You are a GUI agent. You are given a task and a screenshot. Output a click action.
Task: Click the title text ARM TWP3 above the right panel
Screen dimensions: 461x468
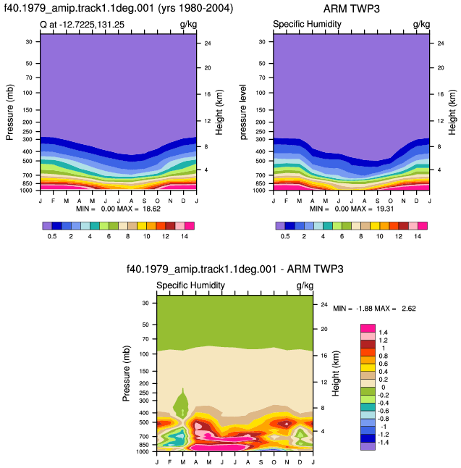tap(351, 9)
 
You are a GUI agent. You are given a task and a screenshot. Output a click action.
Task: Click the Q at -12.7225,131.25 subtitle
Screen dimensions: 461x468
tap(82, 25)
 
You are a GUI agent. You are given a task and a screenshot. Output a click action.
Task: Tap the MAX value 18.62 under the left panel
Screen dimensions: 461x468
tap(151, 209)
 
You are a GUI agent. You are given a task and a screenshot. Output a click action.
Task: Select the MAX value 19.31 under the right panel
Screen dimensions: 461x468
tap(385, 209)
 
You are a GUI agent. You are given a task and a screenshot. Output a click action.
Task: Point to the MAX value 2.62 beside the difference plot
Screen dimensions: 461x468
tap(408, 309)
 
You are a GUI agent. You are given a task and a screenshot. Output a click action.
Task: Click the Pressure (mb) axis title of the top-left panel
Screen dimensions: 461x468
tap(9, 112)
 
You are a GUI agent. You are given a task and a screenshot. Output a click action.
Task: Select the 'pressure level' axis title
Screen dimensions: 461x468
tap(243, 112)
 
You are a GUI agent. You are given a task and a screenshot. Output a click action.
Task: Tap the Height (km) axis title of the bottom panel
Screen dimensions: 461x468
tap(336, 373)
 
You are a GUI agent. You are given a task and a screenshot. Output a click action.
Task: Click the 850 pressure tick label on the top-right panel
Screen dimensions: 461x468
tap(261, 183)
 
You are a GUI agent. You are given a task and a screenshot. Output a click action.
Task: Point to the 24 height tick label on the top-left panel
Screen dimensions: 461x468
tap(208, 43)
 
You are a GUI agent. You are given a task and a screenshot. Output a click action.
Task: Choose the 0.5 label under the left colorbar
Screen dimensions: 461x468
tap(52, 236)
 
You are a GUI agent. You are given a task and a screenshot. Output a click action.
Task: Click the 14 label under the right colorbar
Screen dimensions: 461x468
tap(418, 236)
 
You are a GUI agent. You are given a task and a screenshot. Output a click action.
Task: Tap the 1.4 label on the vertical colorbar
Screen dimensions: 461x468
tap(383, 333)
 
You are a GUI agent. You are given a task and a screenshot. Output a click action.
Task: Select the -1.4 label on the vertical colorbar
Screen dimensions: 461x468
tap(382, 443)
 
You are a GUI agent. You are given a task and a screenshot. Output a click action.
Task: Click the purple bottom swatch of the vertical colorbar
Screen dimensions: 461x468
tap(368, 446)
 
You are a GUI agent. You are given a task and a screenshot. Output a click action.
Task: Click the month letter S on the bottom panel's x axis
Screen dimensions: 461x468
tap(261, 462)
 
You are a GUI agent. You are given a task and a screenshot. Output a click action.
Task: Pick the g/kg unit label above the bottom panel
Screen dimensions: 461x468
tap(305, 286)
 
